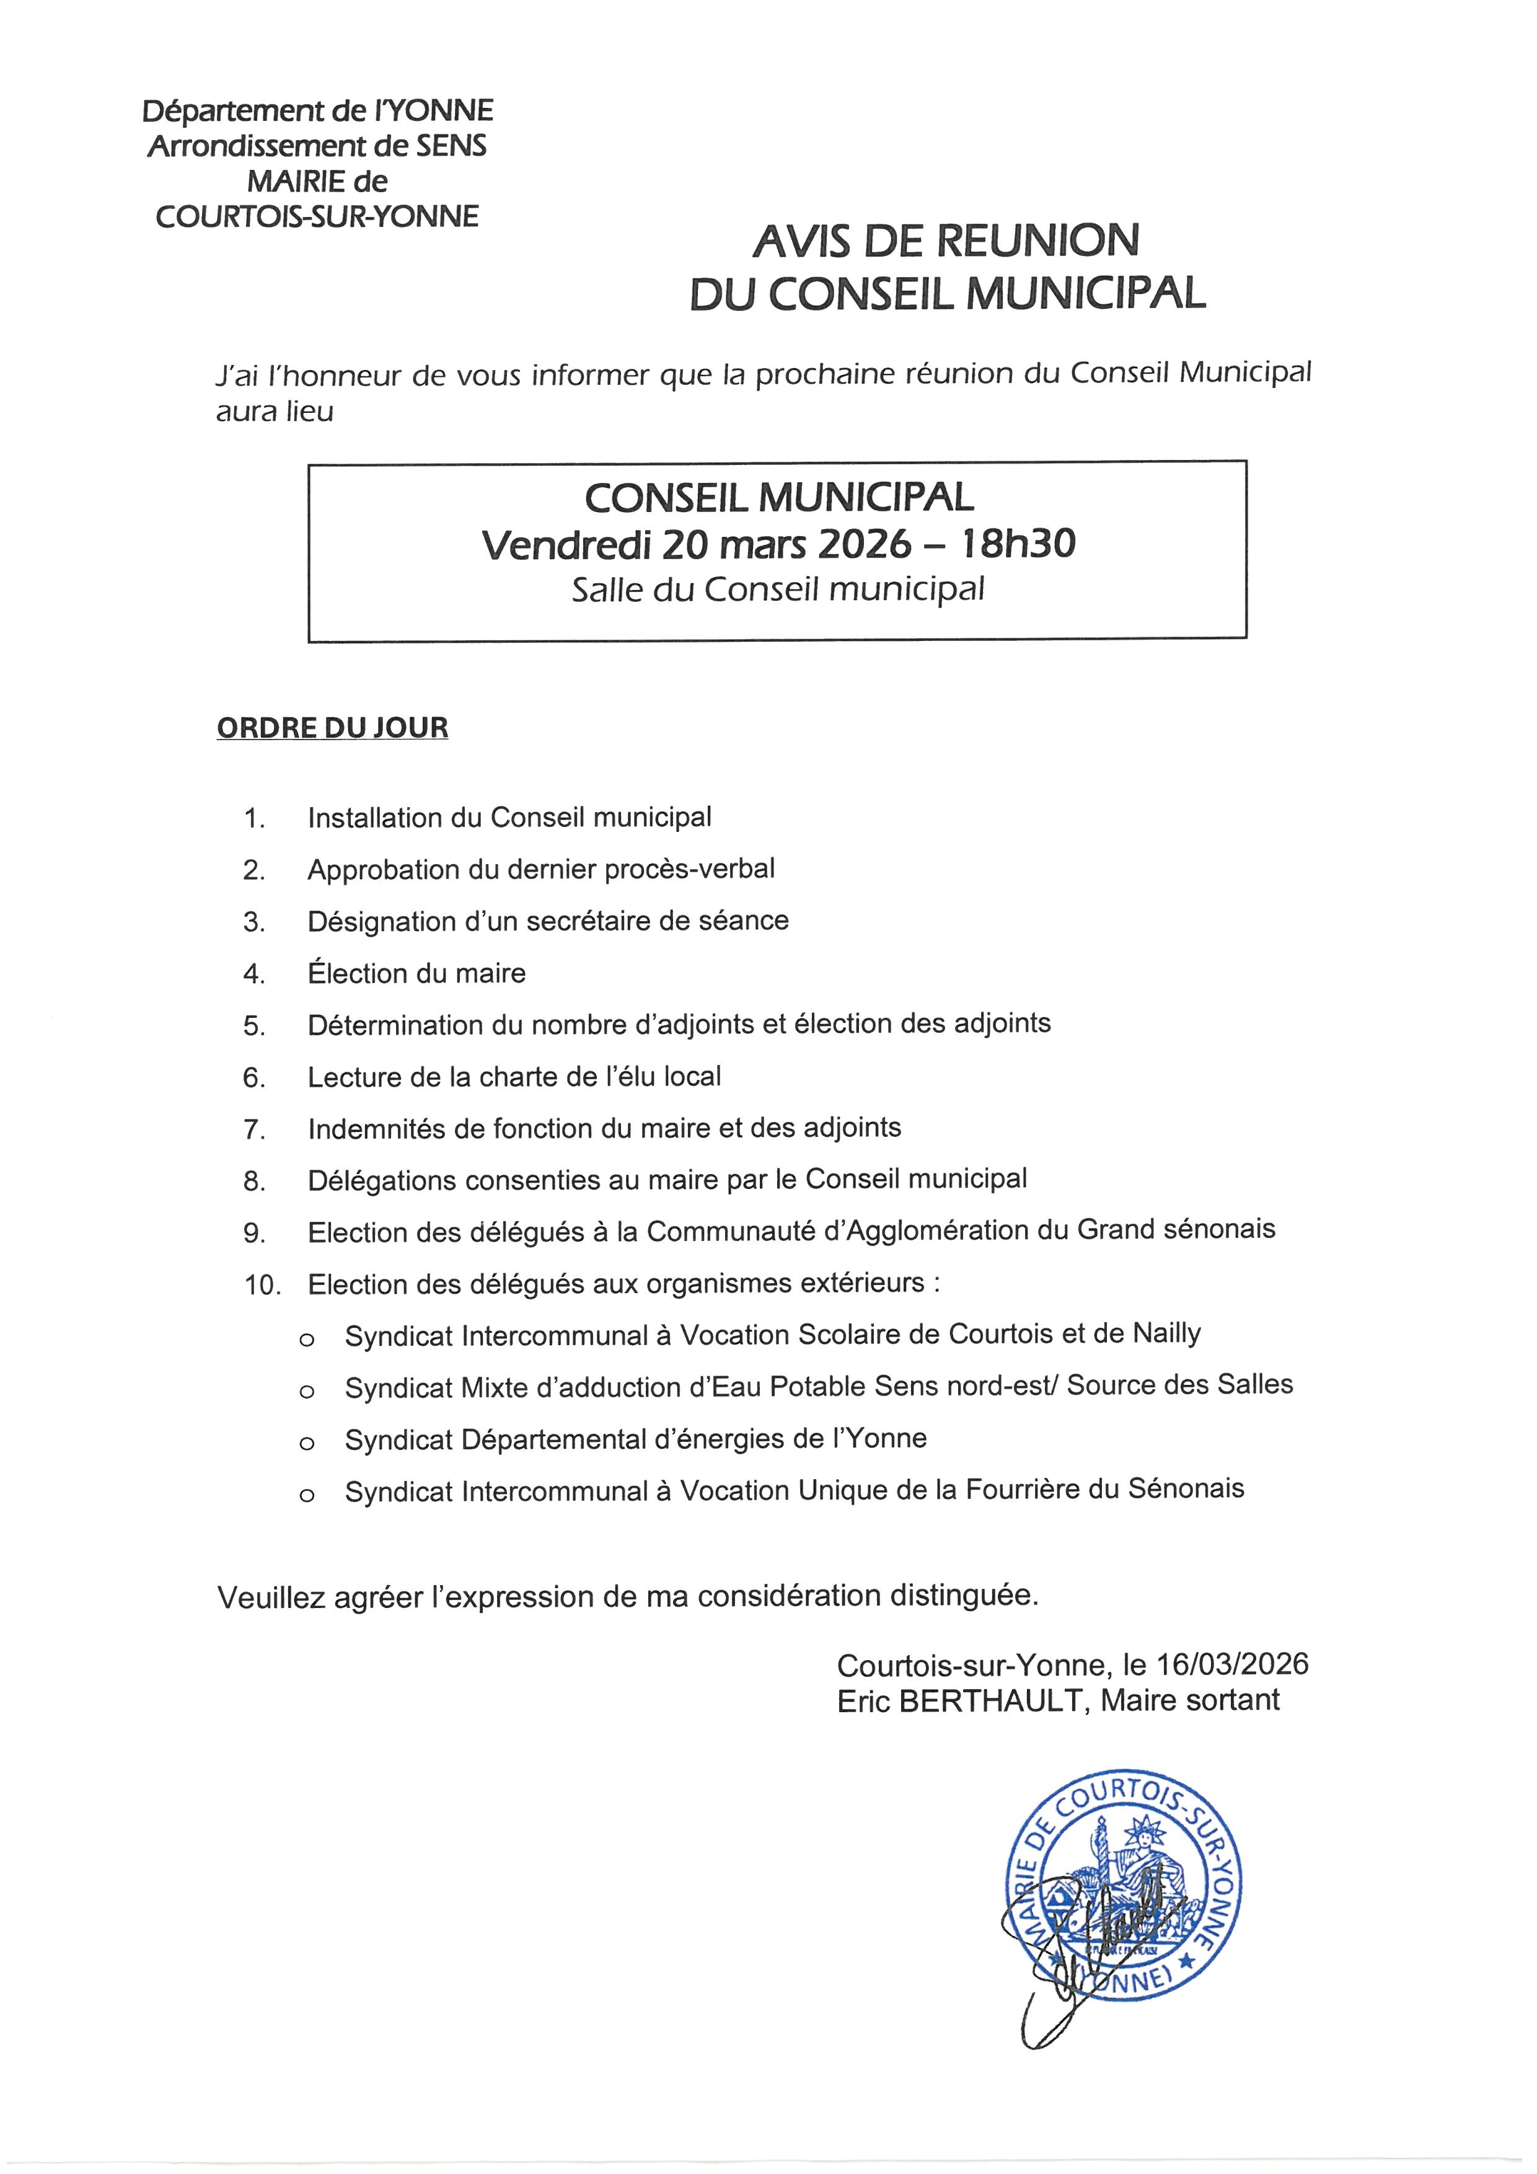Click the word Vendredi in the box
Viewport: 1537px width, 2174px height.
[567, 544]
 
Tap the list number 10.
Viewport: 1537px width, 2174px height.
[262, 1285]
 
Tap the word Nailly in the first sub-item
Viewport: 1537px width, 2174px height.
[1166, 1334]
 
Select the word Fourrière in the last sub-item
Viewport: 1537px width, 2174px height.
[1022, 1490]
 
